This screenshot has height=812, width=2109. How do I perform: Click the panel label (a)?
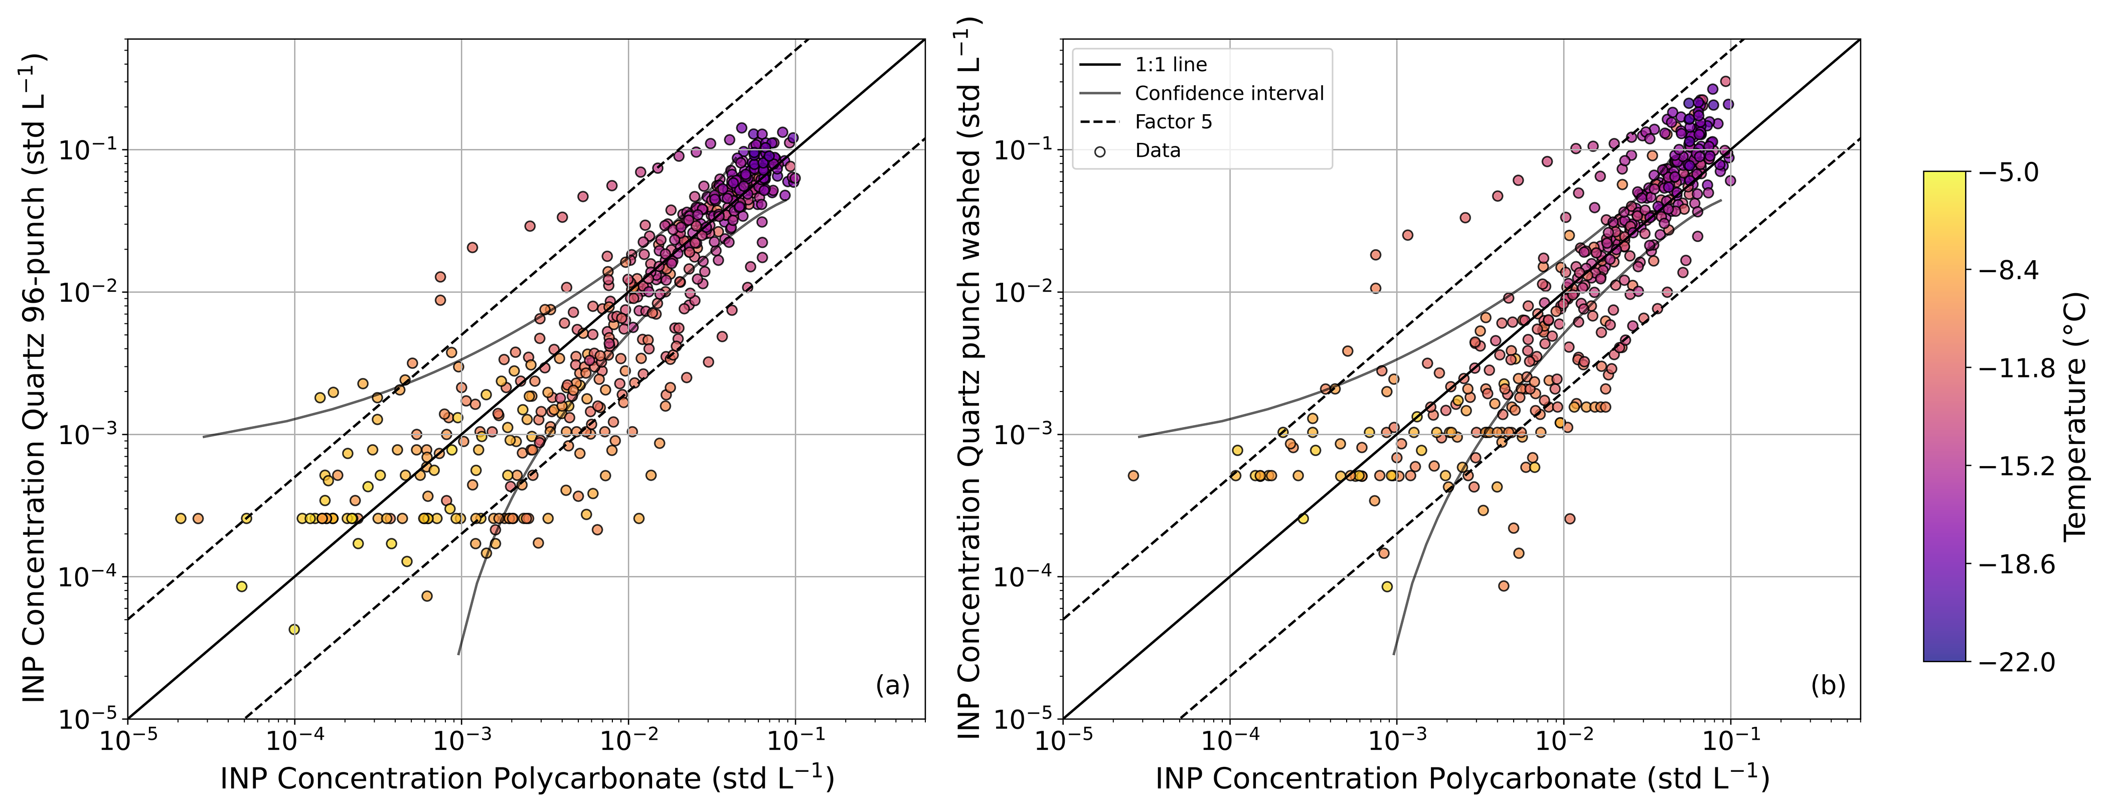click(x=892, y=685)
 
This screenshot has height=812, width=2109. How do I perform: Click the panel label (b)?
click(x=1827, y=685)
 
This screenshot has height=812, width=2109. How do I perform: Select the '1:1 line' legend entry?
click(x=1171, y=65)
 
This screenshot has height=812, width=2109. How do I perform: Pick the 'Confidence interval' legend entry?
click(x=1229, y=93)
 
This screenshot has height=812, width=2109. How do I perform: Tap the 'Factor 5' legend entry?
click(x=1173, y=122)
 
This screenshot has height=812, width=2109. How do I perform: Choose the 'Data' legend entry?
click(x=1158, y=150)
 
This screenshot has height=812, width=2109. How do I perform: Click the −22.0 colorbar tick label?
click(x=2016, y=662)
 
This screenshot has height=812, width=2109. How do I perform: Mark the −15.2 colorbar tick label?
click(x=2016, y=466)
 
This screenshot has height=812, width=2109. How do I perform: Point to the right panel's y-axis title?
click(x=969, y=378)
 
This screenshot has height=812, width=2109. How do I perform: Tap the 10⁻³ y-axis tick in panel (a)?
click(x=88, y=435)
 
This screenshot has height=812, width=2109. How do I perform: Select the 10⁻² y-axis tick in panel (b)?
click(x=1023, y=292)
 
